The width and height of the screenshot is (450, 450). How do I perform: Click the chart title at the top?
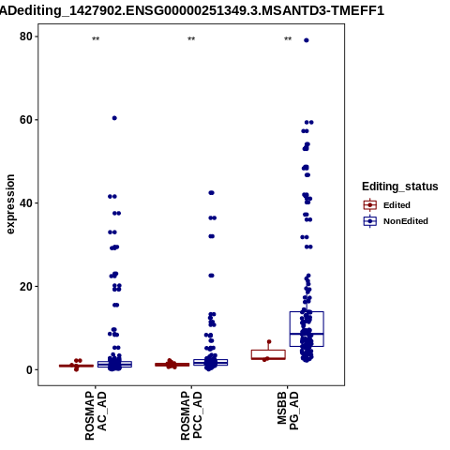[x=192, y=10]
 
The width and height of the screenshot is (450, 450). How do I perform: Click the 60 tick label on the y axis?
[x=26, y=120]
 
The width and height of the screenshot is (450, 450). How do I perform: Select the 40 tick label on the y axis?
[x=26, y=203]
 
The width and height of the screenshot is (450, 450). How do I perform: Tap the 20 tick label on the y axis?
[x=26, y=286]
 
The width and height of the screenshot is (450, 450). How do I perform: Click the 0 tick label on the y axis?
[x=29, y=369]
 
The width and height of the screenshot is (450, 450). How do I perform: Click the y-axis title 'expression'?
[x=10, y=204]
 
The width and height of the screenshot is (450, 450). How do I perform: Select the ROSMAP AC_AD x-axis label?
[x=96, y=415]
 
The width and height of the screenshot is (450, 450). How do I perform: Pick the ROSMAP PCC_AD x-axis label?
[x=191, y=415]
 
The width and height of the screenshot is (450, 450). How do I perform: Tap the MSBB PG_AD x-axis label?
[x=288, y=411]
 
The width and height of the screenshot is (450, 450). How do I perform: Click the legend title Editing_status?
[x=400, y=187]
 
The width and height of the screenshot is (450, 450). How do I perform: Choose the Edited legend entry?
[x=387, y=205]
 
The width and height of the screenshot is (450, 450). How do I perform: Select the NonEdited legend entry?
[x=396, y=221]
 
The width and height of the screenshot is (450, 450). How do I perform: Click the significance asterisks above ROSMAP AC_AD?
[x=96, y=39]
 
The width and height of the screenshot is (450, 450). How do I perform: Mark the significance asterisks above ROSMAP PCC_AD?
[x=191, y=39]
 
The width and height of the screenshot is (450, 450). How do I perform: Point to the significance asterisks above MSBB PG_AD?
[x=288, y=39]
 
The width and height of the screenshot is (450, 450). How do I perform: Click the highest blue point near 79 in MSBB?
[x=307, y=40]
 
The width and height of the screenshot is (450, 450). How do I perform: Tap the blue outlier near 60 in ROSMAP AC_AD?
[x=114, y=118]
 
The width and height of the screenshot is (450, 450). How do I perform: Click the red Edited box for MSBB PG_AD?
[x=268, y=354]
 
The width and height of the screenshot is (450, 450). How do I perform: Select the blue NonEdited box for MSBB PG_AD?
[x=307, y=329]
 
